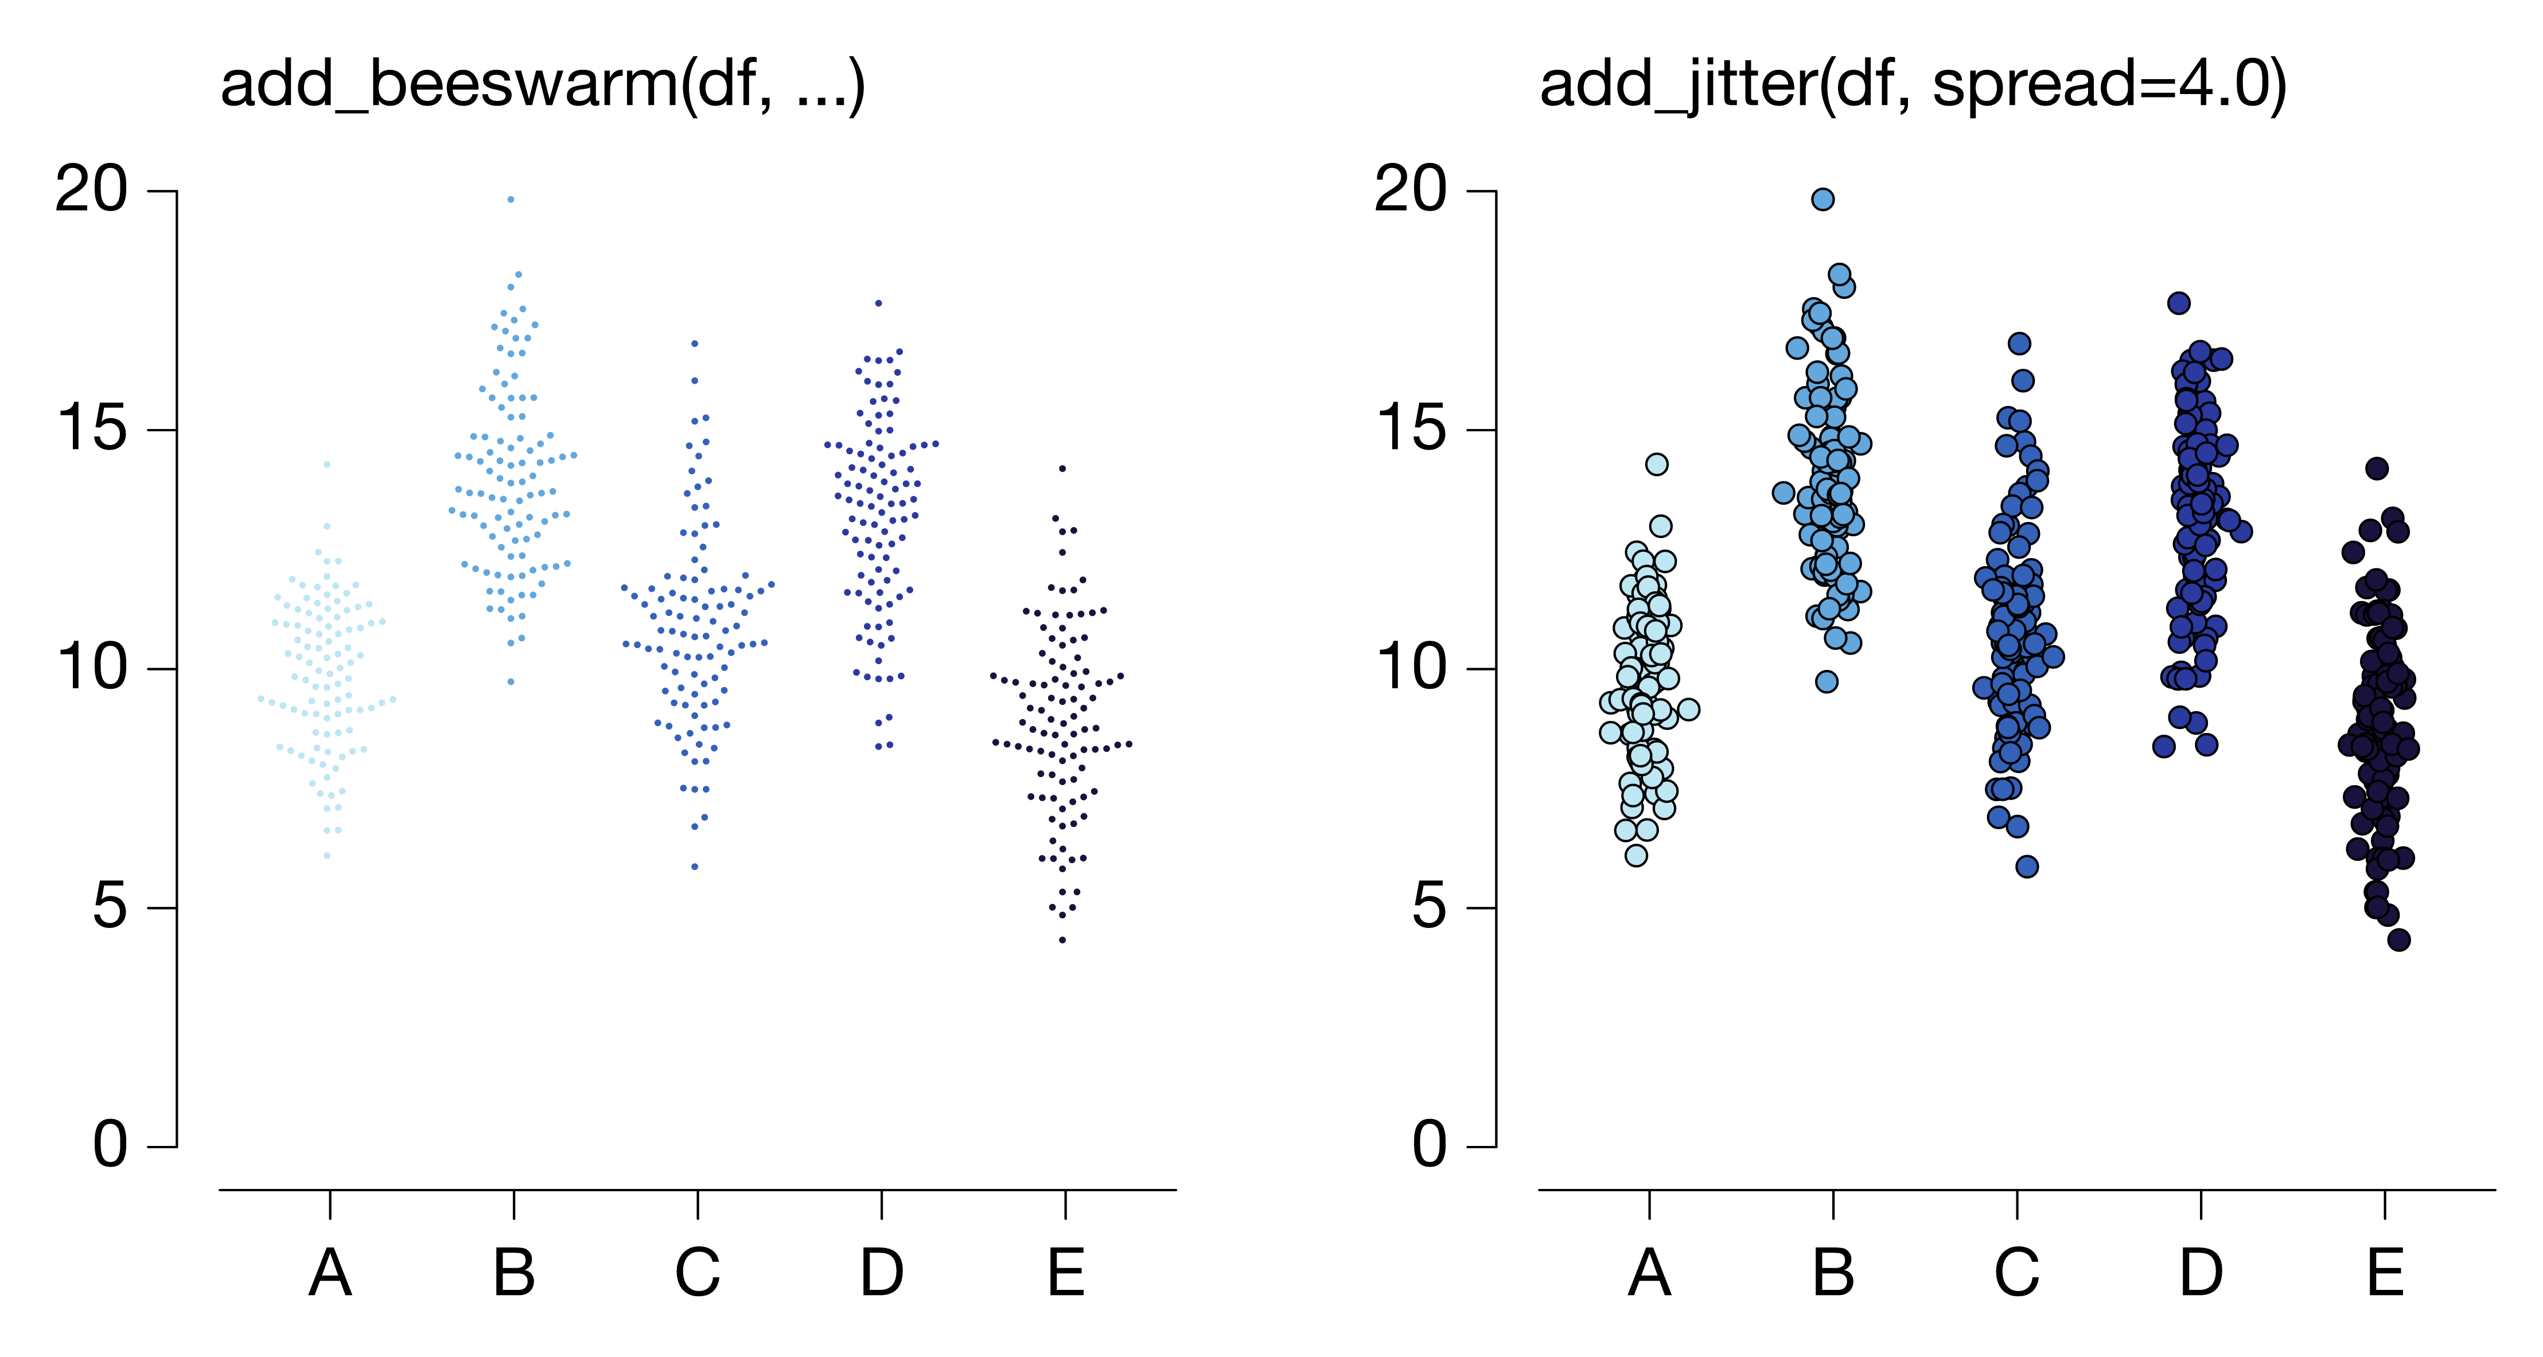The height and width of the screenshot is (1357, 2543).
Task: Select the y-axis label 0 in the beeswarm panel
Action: click(111, 1146)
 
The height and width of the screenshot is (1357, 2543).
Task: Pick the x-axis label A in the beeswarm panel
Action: click(330, 1273)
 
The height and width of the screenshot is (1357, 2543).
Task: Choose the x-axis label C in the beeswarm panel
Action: click(698, 1273)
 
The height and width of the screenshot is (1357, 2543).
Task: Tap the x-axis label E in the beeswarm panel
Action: click(1066, 1273)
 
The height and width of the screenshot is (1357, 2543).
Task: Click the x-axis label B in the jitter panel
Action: click(1833, 1273)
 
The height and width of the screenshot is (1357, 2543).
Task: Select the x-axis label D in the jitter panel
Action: click(2202, 1273)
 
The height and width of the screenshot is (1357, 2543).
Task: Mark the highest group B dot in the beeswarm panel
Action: click(511, 200)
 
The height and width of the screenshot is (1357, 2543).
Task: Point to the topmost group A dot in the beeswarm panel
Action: click(327, 464)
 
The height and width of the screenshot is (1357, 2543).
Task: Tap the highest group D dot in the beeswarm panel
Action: click(879, 303)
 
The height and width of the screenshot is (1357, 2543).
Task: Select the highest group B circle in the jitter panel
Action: click(1823, 200)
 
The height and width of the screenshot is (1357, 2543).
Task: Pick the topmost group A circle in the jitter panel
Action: click(1657, 464)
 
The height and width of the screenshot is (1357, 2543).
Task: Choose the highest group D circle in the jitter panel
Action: click(2179, 303)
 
